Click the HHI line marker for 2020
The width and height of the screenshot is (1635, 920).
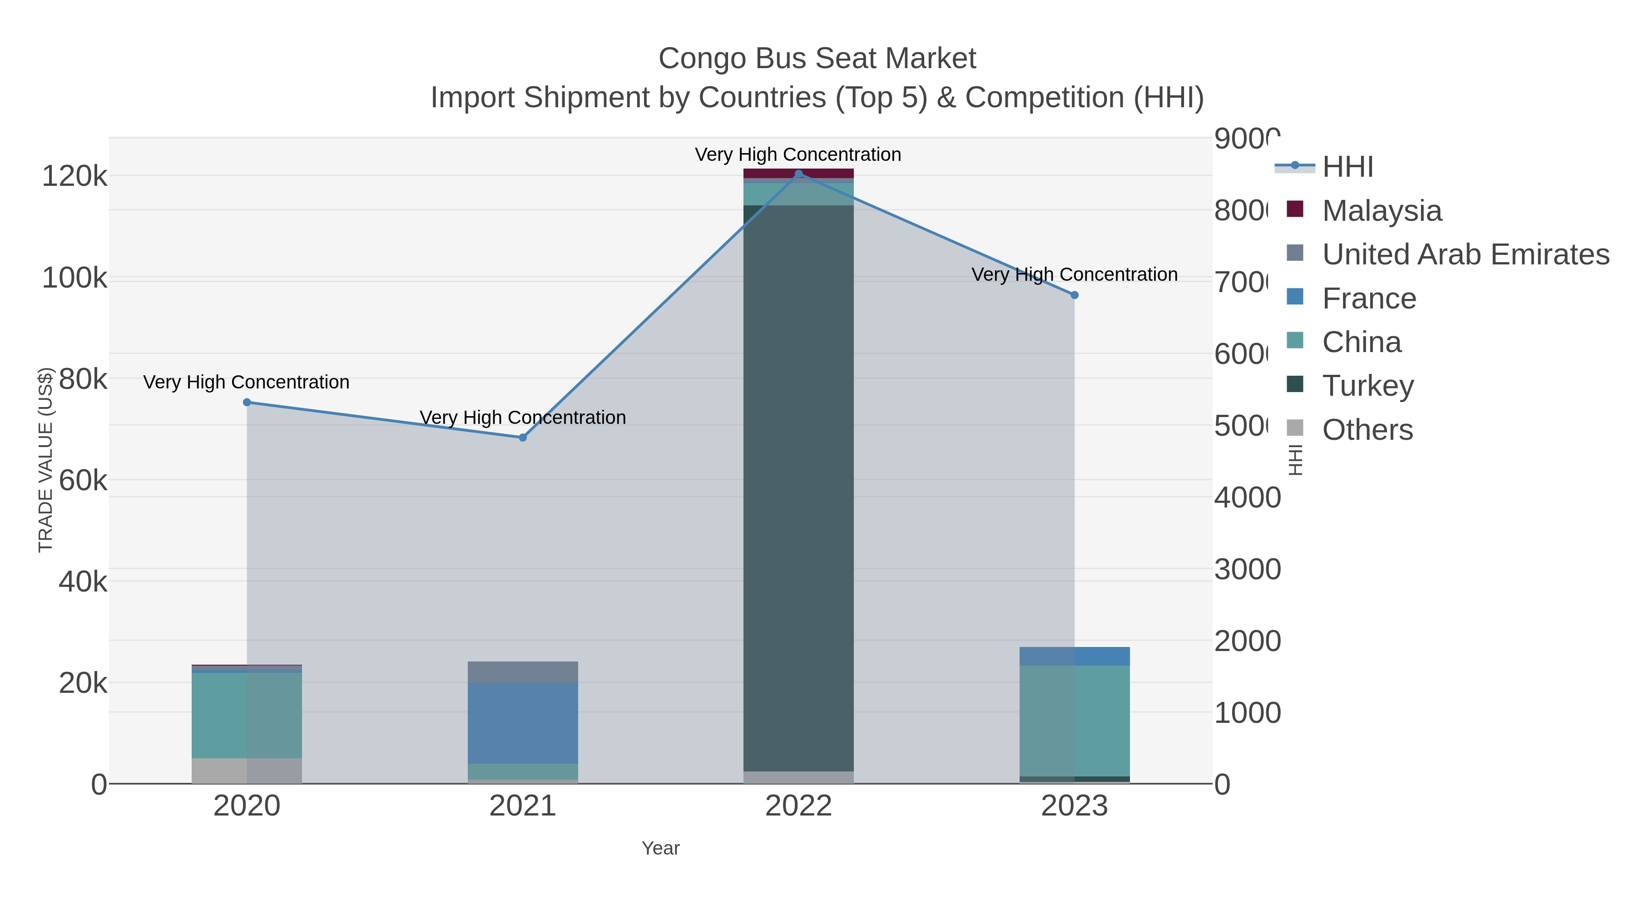coord(247,403)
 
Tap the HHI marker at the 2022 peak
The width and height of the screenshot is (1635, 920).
coord(798,174)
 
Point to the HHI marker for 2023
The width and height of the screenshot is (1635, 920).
coord(1074,295)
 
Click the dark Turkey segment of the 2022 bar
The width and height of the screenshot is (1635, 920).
coord(798,489)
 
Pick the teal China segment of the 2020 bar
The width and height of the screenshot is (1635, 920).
coord(247,715)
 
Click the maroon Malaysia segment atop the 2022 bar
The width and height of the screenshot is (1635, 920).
coord(798,174)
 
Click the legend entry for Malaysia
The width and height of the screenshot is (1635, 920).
coord(1381,211)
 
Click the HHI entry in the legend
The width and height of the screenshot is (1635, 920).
coord(1347,167)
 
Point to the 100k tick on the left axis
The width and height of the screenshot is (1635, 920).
coord(74,278)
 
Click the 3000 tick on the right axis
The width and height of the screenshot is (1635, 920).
coord(1247,570)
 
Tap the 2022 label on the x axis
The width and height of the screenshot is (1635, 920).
coord(798,806)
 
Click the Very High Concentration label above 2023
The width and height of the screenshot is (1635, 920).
coord(1074,274)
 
